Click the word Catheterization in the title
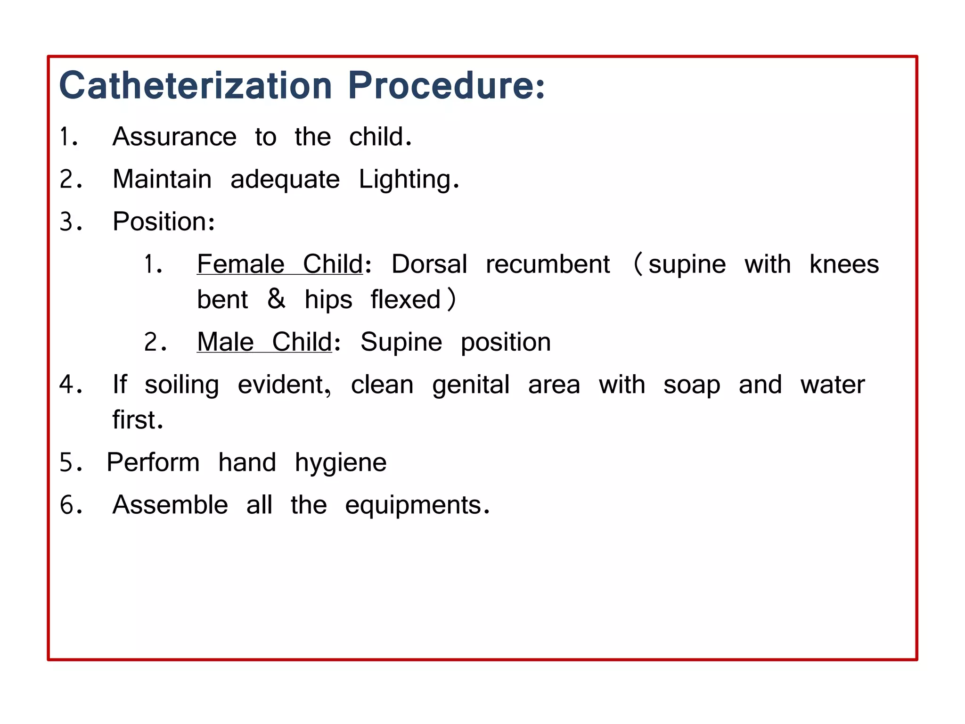pos(196,86)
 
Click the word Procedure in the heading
pos(441,86)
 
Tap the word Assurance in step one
pos(174,137)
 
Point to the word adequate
pos(285,180)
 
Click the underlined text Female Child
pos(280,264)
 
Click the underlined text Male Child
pos(265,342)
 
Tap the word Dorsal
pos(429,264)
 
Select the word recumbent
pos(548,264)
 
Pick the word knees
pos(844,264)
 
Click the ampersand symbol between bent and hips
pos(276,299)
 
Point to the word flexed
pos(405,300)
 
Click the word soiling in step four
pos(181,385)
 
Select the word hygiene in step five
pos(340,463)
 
